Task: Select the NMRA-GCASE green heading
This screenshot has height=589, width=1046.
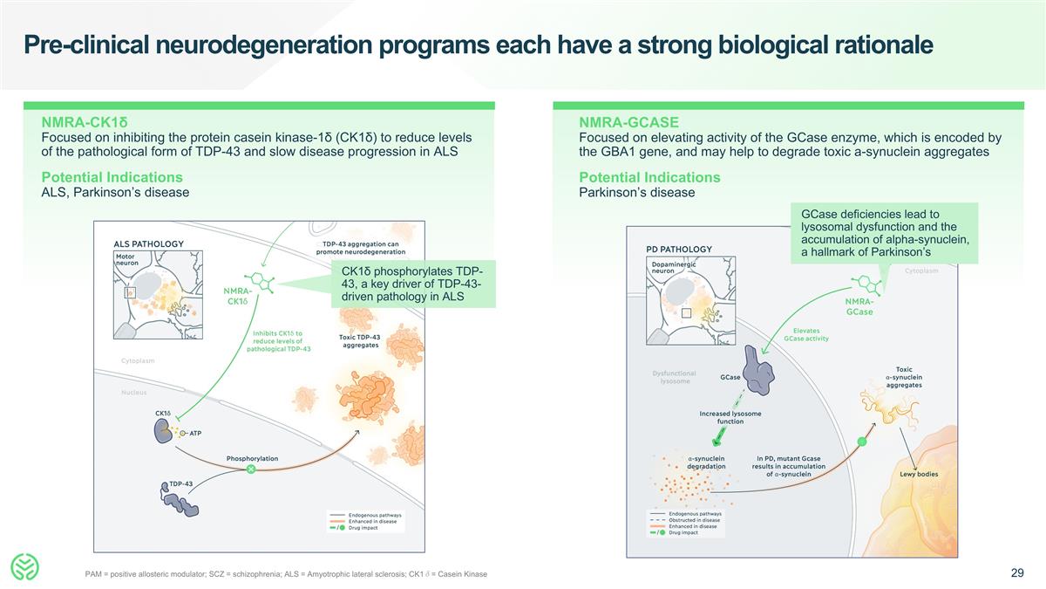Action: (x=628, y=122)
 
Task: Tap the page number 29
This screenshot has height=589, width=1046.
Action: (x=1016, y=573)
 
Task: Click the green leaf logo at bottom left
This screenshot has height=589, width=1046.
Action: (x=26, y=567)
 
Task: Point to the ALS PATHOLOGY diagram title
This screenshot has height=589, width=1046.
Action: (x=149, y=243)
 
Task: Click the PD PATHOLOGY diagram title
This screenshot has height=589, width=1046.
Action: (x=679, y=249)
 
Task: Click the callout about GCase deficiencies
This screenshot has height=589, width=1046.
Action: (x=884, y=233)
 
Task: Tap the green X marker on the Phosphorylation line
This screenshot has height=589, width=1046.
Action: (x=251, y=469)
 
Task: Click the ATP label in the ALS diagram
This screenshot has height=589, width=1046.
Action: (x=195, y=434)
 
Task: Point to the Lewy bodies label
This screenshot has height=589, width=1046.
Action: (x=920, y=475)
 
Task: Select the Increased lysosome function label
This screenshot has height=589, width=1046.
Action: (x=730, y=417)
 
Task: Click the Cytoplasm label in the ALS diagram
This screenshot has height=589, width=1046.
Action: (x=137, y=360)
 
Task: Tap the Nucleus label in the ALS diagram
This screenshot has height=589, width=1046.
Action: (x=133, y=393)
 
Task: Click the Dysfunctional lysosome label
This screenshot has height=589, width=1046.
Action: (x=675, y=377)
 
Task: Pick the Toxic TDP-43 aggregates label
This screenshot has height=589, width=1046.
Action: (x=359, y=341)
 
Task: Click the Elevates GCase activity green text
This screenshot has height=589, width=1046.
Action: (x=805, y=334)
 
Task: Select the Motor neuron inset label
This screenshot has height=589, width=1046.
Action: (x=128, y=259)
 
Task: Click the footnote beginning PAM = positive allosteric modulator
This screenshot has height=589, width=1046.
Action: (x=286, y=573)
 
